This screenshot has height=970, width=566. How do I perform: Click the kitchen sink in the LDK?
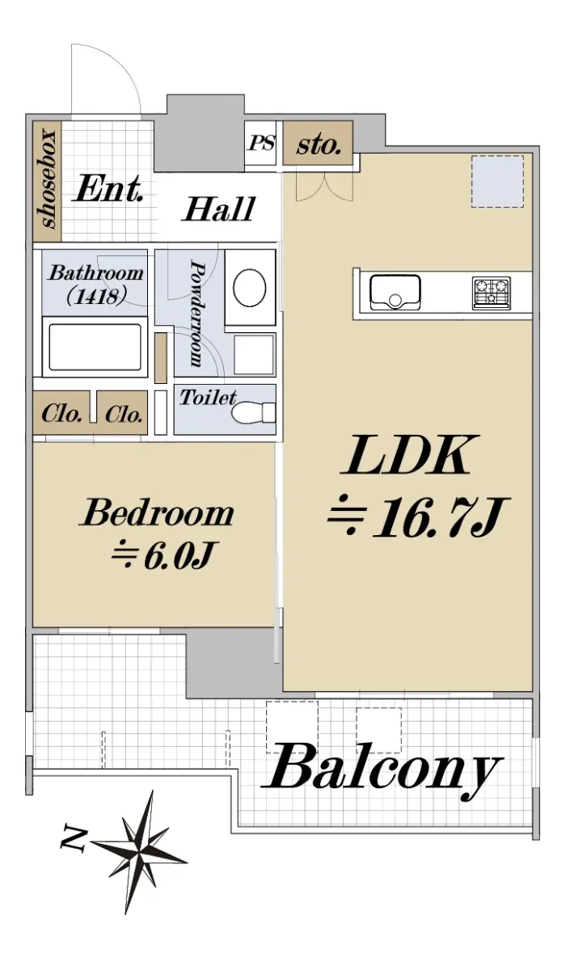pos(395,292)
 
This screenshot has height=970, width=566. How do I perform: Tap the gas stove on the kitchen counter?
pos(492,293)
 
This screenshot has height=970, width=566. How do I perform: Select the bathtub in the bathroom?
pos(95,348)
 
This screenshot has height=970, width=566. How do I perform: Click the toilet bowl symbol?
pos(253,413)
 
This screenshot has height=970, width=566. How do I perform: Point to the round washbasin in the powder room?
pos(249,287)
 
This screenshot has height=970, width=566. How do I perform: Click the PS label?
pos(261,143)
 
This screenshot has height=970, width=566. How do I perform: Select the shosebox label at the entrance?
pos(48,179)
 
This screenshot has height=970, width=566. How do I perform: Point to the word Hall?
pos(218,209)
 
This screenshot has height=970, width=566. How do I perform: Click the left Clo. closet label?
pos(61,414)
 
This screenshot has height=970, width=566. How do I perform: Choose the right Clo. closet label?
pos(124,414)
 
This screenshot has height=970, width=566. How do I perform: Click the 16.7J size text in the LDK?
pos(441,517)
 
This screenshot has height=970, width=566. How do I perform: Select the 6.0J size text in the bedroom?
pos(178,555)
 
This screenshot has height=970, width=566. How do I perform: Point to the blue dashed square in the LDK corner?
pos(497,181)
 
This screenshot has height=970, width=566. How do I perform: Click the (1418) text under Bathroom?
pos(96,297)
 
